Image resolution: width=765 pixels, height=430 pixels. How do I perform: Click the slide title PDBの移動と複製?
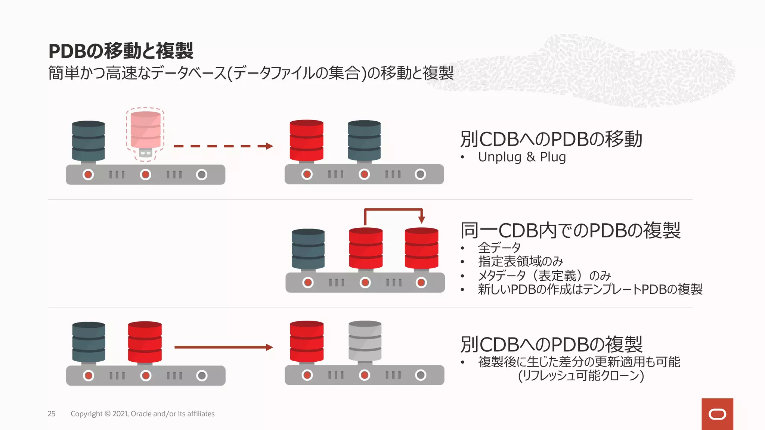click(x=121, y=51)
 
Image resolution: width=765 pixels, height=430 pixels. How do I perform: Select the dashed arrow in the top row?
click(x=223, y=146)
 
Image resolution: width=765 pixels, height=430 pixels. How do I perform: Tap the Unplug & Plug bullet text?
click(x=521, y=157)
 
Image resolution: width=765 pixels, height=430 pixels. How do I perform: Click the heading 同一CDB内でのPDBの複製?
click(x=570, y=230)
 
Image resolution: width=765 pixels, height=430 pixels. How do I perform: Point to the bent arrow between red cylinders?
click(x=393, y=210)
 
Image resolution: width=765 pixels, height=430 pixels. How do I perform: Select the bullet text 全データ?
click(x=499, y=247)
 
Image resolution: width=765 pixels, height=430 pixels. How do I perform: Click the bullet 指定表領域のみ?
click(x=520, y=261)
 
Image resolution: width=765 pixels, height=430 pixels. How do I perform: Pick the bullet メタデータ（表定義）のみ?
click(x=544, y=275)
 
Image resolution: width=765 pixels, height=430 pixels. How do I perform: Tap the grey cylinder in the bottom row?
click(x=365, y=341)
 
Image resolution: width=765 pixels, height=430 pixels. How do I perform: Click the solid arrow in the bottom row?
click(x=223, y=347)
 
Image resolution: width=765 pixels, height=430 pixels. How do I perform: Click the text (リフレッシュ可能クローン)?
click(x=581, y=376)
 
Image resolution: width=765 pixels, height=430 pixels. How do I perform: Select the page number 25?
click(x=52, y=414)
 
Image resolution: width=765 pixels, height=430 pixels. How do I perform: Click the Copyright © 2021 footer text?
click(x=142, y=414)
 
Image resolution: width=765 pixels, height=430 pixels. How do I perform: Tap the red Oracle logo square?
click(x=717, y=414)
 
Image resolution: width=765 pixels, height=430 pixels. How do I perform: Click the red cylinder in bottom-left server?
click(x=145, y=342)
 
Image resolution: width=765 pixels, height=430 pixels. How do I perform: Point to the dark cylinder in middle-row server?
click(x=308, y=249)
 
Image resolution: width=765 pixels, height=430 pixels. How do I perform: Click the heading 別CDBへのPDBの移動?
click(x=551, y=139)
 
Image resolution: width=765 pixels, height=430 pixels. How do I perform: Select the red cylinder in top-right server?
click(x=306, y=140)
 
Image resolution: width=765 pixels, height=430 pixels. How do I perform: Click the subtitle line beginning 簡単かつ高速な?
click(x=250, y=73)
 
